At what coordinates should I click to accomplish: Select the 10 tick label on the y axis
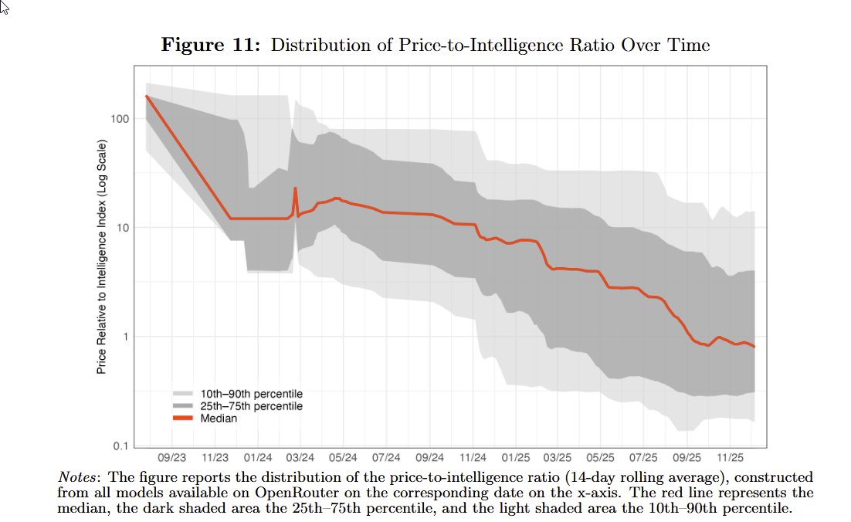click(x=122, y=228)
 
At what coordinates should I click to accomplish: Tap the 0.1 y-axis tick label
click(x=120, y=446)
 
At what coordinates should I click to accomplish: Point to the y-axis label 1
click(x=125, y=337)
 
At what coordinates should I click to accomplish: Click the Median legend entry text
click(x=219, y=419)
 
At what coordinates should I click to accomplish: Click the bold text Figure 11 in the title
click(x=210, y=46)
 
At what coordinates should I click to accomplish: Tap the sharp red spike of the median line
click(x=295, y=188)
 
